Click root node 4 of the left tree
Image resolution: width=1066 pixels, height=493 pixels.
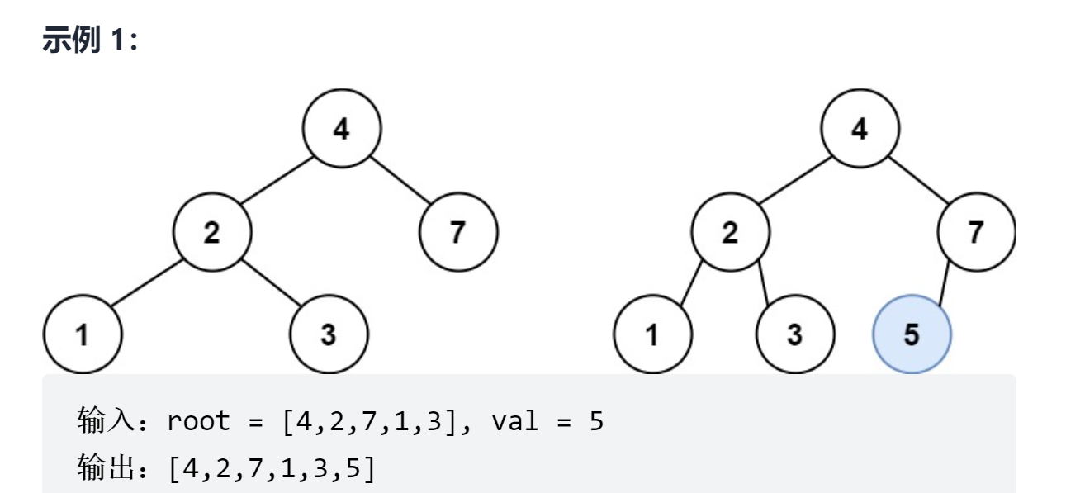click(342, 130)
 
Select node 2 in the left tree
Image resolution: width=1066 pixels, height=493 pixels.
click(212, 233)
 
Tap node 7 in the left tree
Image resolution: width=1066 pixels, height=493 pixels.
click(458, 233)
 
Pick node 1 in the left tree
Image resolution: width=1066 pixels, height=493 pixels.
click(82, 336)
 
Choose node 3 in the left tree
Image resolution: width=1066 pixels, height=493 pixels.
click(329, 336)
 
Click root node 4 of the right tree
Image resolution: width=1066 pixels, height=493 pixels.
click(860, 130)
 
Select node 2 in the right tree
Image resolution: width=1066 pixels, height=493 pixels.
click(730, 233)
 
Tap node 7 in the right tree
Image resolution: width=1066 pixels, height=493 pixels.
click(977, 233)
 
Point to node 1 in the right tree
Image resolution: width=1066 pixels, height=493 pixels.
click(652, 336)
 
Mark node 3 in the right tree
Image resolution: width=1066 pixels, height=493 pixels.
click(795, 336)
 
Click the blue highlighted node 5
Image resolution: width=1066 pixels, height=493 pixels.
click(912, 336)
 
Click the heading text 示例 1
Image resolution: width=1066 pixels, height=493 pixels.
click(91, 41)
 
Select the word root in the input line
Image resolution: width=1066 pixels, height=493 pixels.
click(198, 422)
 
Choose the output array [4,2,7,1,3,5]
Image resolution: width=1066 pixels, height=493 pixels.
click(271, 468)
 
